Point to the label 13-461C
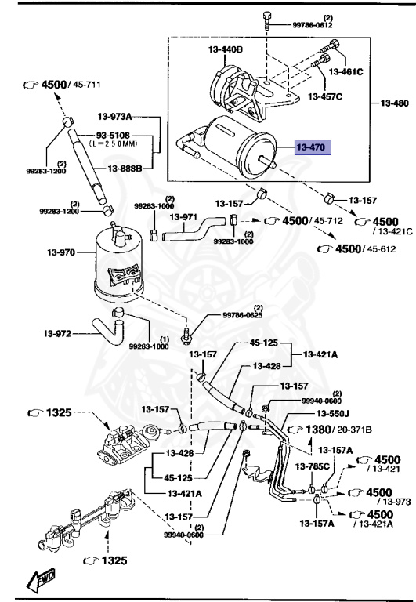click(346, 71)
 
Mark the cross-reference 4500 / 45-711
click(74, 83)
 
